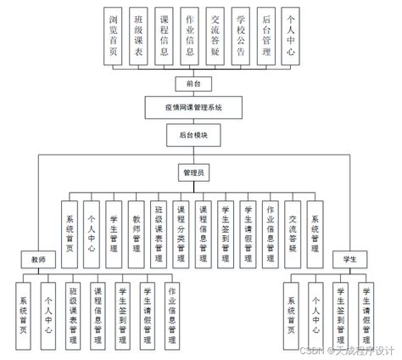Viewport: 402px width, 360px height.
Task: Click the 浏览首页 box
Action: coord(113,37)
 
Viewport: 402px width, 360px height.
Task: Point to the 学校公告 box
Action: coord(242,37)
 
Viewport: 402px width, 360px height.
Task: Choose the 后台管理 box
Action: coord(267,37)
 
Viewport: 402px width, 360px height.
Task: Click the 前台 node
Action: coord(193,83)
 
